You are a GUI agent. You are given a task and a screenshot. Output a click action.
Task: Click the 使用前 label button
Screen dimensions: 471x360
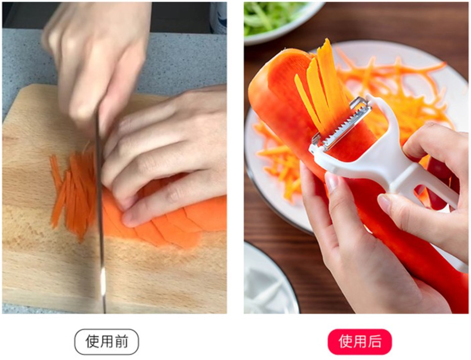click(106, 342)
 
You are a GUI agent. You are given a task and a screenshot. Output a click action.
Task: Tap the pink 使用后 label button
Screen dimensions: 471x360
click(360, 342)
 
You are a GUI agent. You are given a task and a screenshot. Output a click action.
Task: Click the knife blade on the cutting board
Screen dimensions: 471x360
click(101, 210)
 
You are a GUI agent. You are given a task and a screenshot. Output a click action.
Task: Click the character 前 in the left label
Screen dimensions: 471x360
click(121, 342)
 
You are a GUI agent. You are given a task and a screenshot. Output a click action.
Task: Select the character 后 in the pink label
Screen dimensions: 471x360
click(374, 342)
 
